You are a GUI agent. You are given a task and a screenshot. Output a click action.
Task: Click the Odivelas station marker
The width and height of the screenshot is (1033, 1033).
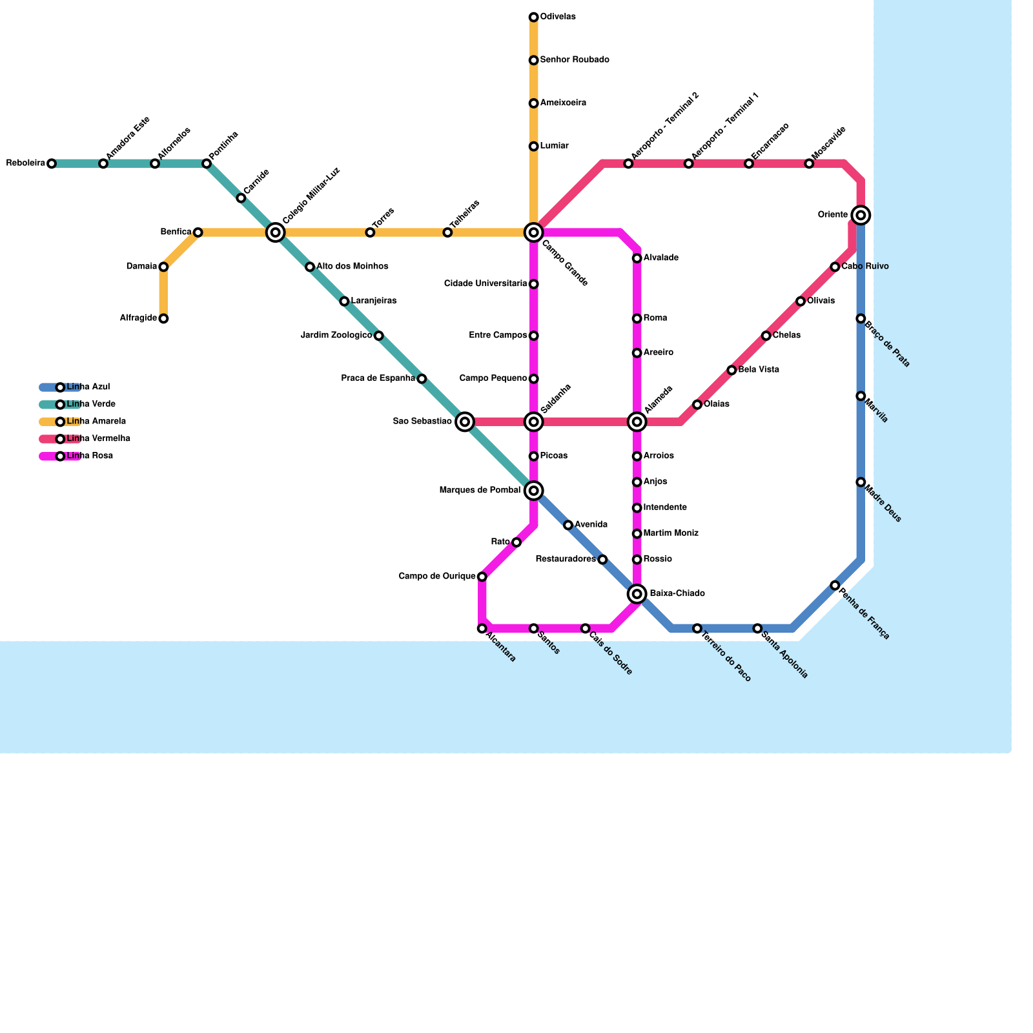(x=533, y=17)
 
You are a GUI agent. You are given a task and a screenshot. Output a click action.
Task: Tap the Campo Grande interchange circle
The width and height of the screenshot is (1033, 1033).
(x=533, y=232)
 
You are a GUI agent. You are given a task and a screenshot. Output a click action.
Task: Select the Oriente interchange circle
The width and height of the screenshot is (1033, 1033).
(x=861, y=215)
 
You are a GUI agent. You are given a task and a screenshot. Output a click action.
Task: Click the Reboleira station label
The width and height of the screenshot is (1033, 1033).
(x=26, y=164)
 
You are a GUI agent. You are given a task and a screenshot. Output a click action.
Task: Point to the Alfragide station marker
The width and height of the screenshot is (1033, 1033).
(x=164, y=319)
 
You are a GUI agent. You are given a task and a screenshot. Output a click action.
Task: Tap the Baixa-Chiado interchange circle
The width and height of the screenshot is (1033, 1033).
(x=637, y=594)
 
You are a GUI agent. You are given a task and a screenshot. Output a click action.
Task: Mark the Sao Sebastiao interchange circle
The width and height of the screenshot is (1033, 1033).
(x=465, y=422)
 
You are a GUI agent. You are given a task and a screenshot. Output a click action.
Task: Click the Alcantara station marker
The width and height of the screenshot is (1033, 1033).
(x=482, y=628)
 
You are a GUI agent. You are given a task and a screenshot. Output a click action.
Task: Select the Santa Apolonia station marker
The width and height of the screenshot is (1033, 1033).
(x=757, y=628)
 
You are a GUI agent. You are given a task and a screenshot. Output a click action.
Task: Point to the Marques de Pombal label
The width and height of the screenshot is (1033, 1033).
(x=480, y=491)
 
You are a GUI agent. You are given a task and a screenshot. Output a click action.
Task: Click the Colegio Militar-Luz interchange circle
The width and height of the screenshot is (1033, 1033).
(x=276, y=232)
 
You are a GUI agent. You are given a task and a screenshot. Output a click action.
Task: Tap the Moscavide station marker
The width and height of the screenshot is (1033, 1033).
(x=809, y=164)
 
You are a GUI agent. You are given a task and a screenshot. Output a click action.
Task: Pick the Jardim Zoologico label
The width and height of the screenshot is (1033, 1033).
(x=336, y=336)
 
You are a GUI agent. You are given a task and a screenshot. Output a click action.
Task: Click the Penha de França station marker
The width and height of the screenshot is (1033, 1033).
(x=835, y=586)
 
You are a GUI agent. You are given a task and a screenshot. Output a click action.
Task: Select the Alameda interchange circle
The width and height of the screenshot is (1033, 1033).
(x=637, y=422)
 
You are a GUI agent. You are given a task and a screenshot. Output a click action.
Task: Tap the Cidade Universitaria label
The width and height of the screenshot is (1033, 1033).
(x=486, y=284)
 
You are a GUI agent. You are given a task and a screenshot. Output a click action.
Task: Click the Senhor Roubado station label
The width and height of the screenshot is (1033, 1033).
(x=575, y=60)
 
